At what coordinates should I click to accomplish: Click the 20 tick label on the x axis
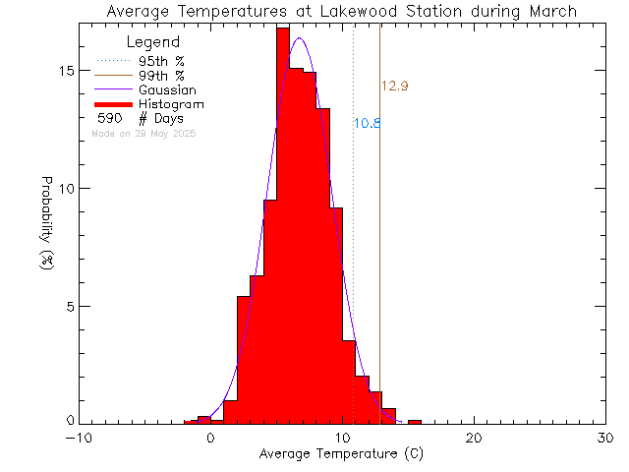pyautogui.click(x=475, y=438)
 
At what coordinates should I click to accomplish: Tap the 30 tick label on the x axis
pyautogui.click(x=606, y=438)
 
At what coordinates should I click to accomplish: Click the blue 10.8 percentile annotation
pyautogui.click(x=367, y=123)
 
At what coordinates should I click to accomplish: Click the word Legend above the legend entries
pyautogui.click(x=154, y=42)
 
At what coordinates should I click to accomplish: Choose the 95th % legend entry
pyautogui.click(x=161, y=61)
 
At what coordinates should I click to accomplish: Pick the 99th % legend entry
pyautogui.click(x=161, y=75)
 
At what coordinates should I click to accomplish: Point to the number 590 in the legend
pyautogui.click(x=109, y=118)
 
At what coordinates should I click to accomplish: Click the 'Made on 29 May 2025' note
pyautogui.click(x=143, y=133)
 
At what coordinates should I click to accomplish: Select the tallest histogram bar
pyautogui.click(x=282, y=226)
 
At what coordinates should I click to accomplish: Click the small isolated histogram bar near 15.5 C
pyautogui.click(x=415, y=422)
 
